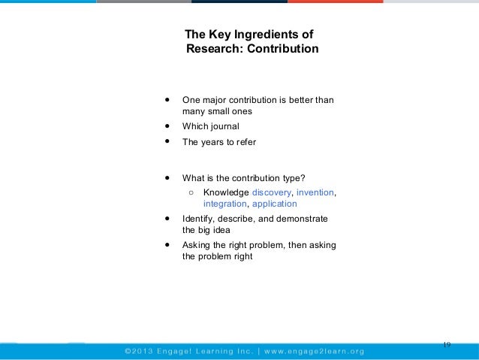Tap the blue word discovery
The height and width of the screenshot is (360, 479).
[273, 192]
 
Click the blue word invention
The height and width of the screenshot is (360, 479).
[316, 192]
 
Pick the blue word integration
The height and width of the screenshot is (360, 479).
[224, 204]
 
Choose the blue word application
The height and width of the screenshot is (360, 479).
[276, 204]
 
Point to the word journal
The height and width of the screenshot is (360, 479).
[224, 126]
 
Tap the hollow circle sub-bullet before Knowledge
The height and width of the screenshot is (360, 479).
[192, 192]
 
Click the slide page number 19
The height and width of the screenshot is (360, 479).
[447, 344]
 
